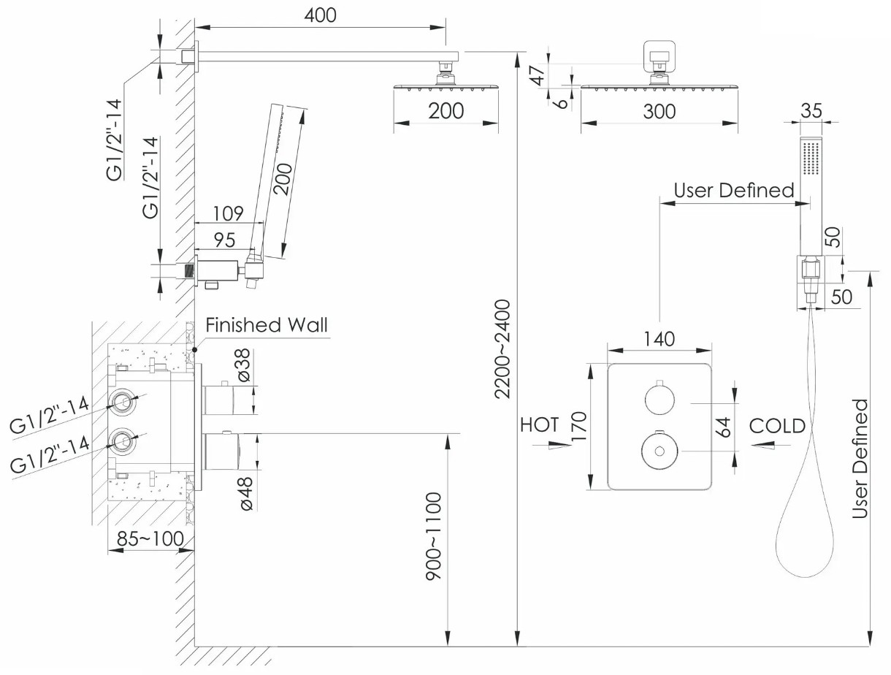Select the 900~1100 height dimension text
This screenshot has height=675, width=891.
coord(434,537)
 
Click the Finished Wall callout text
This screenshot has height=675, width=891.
coord(267,325)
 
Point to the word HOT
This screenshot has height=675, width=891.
coord(540,424)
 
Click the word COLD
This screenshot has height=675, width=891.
coord(778,425)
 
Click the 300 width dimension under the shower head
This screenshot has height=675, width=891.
coord(659,111)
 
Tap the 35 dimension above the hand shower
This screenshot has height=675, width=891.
coord(811,110)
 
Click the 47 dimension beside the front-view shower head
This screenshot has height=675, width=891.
coord(540,75)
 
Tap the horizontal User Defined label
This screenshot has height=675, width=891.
coord(734,191)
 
